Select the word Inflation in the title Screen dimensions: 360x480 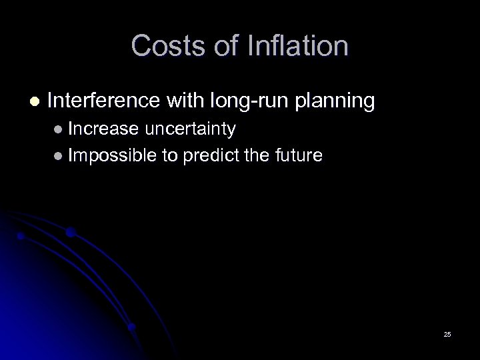[x=297, y=47]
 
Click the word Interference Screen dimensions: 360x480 [x=103, y=101]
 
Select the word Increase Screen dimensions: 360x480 [x=103, y=129]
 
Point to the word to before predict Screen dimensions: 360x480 [x=169, y=155]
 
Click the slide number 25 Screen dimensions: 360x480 [x=447, y=333]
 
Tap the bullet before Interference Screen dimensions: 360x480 [x=34, y=102]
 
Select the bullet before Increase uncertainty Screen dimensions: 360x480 [x=59, y=130]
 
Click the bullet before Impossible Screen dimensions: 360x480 [x=59, y=156]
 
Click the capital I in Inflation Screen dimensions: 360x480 [x=250, y=47]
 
